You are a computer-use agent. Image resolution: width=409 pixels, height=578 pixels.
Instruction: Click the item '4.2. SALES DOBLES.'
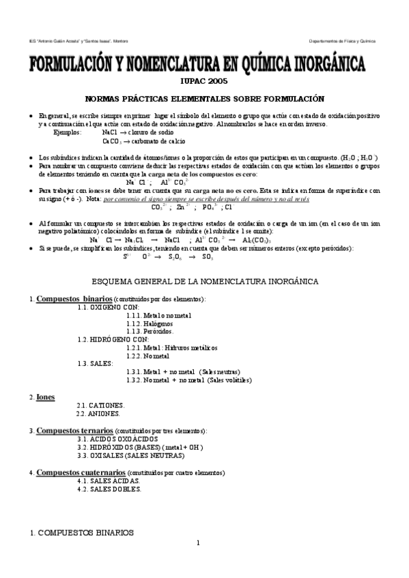point(109,489)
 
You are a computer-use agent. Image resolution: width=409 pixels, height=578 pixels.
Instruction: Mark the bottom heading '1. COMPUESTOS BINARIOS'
point(76,532)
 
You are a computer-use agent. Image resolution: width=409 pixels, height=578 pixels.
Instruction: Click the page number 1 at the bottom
point(197,543)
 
